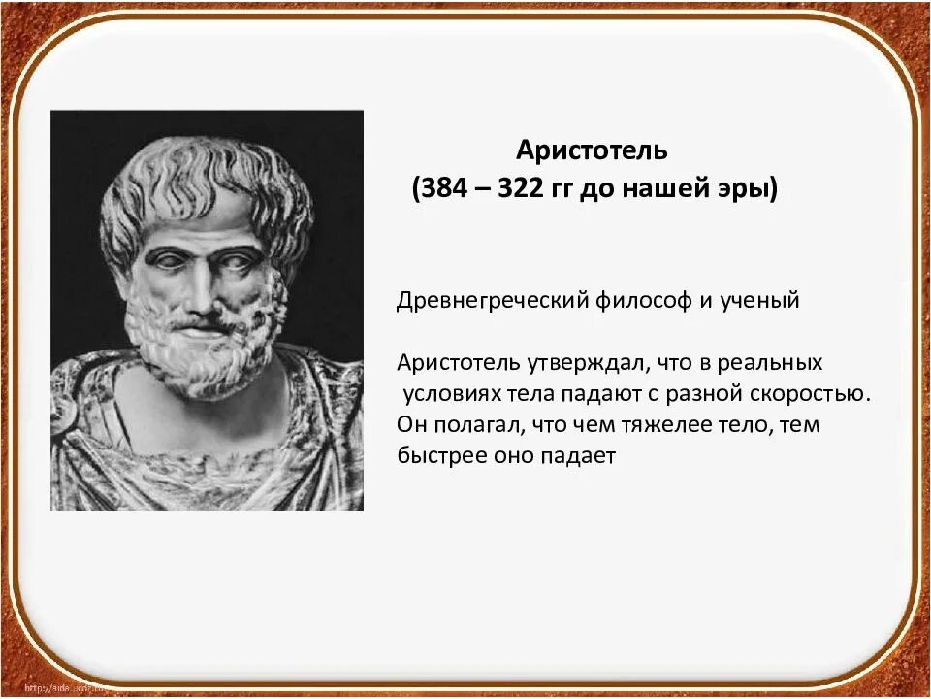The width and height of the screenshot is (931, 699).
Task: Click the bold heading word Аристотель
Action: tap(592, 151)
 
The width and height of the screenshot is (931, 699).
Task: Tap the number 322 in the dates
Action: tap(525, 188)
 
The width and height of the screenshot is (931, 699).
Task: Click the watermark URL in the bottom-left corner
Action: tap(58, 688)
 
